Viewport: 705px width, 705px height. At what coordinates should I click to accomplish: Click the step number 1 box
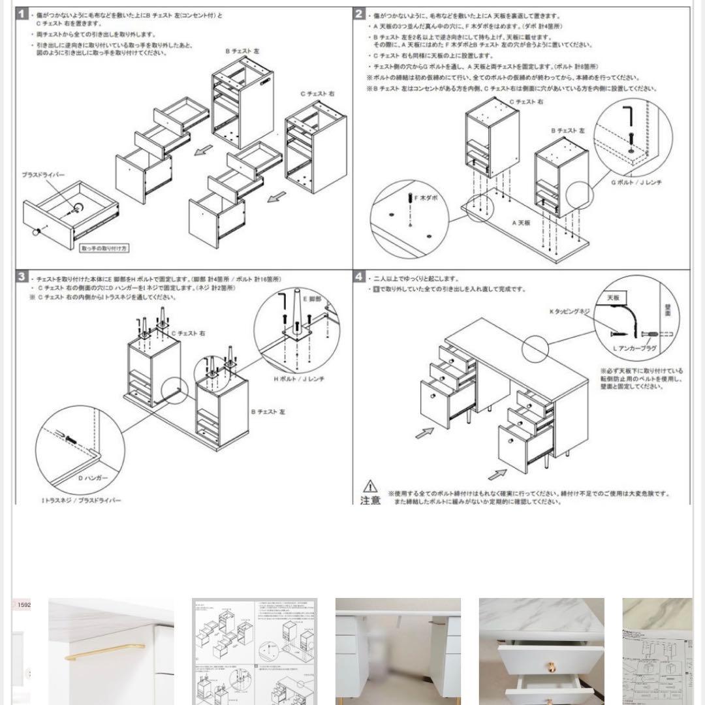pyautogui.click(x=22, y=14)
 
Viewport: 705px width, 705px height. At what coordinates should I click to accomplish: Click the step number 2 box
pyautogui.click(x=359, y=14)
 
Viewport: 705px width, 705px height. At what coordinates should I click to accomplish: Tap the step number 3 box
pyautogui.click(x=22, y=277)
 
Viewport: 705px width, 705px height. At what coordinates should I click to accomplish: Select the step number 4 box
pyautogui.click(x=359, y=277)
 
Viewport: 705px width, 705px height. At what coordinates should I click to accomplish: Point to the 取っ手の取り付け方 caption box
pyautogui.click(x=105, y=249)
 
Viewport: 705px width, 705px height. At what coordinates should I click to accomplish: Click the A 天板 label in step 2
pyautogui.click(x=522, y=223)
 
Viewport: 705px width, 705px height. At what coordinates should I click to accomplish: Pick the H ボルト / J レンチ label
pyautogui.click(x=299, y=379)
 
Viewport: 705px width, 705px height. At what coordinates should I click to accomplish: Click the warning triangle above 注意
pyautogui.click(x=370, y=486)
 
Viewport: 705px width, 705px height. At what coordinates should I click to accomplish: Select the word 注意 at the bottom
pyautogui.click(x=370, y=500)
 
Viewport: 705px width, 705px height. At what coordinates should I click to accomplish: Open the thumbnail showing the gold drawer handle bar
pyautogui.click(x=111, y=651)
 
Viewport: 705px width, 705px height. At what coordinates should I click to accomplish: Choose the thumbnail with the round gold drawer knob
pyautogui.click(x=542, y=651)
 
